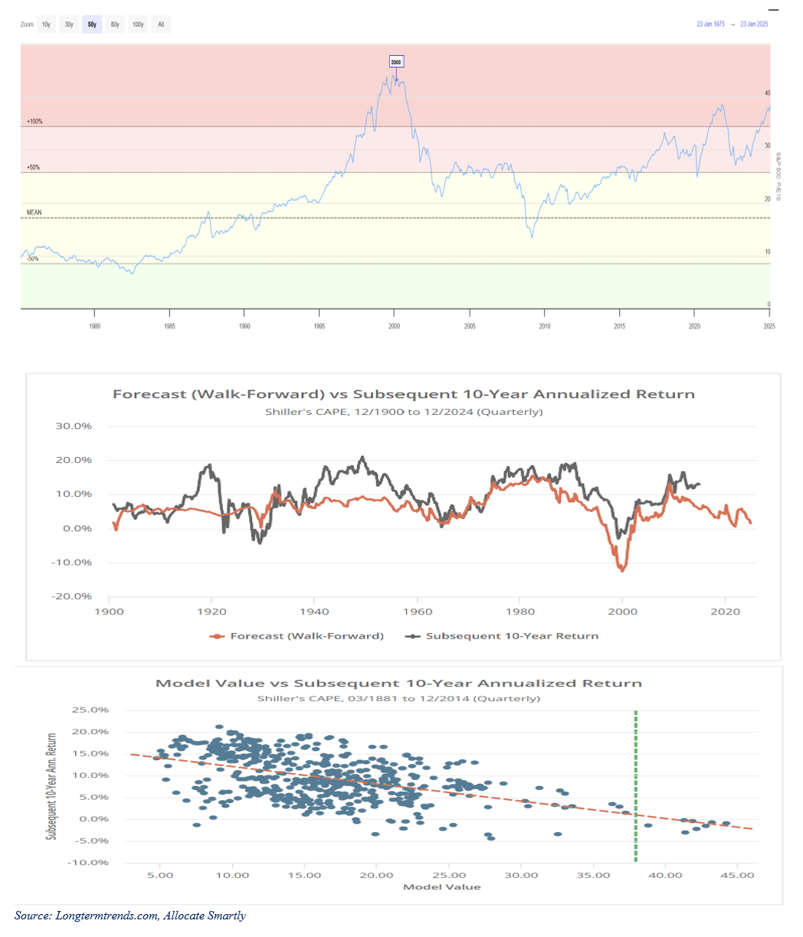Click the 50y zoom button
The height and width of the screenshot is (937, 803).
[x=92, y=24]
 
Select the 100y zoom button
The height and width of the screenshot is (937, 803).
[x=138, y=24]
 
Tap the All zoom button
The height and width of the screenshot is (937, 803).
[x=161, y=24]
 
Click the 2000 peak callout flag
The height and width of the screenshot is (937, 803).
[x=396, y=61]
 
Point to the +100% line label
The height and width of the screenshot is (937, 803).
[x=34, y=122]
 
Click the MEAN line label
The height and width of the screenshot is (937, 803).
[x=34, y=213]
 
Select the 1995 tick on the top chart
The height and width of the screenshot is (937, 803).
[x=320, y=326]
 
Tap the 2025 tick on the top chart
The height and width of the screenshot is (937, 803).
[x=769, y=326]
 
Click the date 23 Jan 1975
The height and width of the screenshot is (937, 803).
[x=710, y=24]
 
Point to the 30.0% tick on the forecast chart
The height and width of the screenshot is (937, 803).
[x=74, y=426]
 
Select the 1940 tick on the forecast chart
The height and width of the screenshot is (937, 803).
[x=314, y=611]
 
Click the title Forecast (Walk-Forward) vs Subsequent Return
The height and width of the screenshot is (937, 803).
[x=404, y=394]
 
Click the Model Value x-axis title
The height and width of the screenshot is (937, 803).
[x=442, y=886]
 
